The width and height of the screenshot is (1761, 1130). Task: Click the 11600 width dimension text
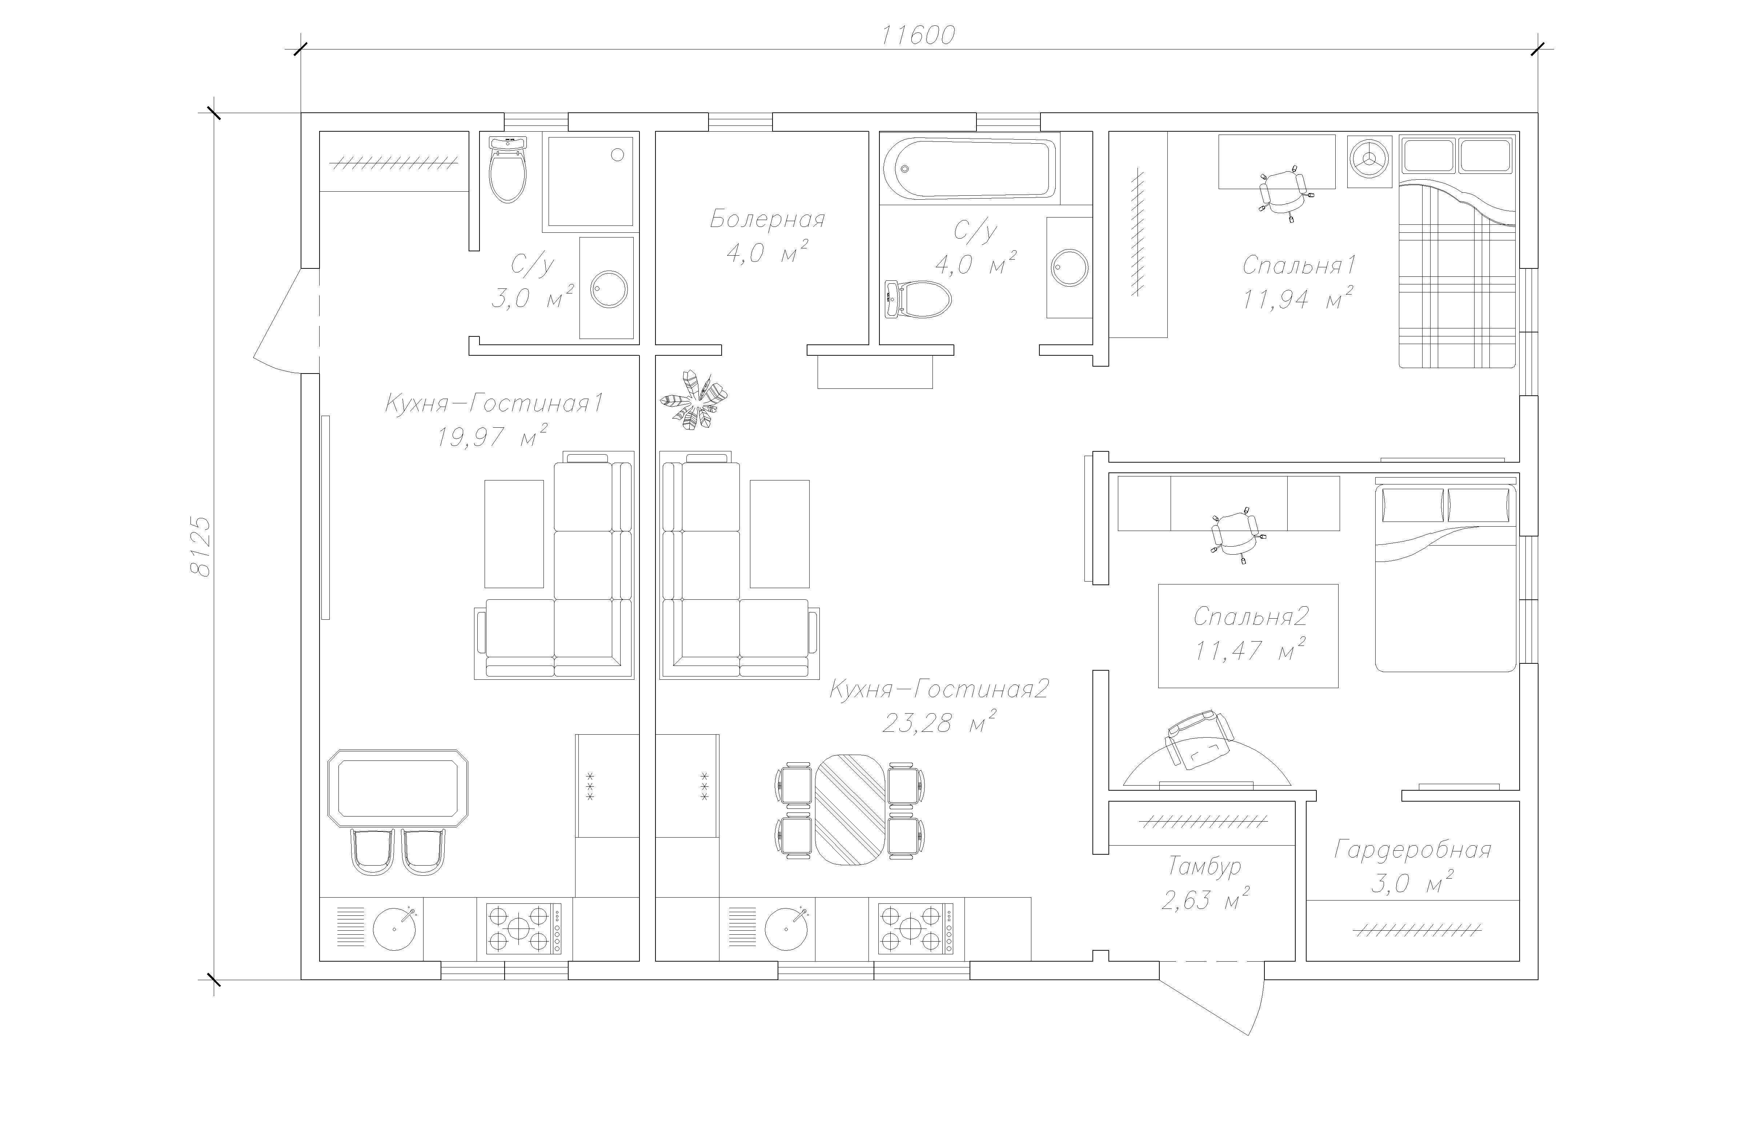tap(918, 35)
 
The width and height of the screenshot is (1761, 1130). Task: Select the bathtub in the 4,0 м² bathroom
tap(970, 169)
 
